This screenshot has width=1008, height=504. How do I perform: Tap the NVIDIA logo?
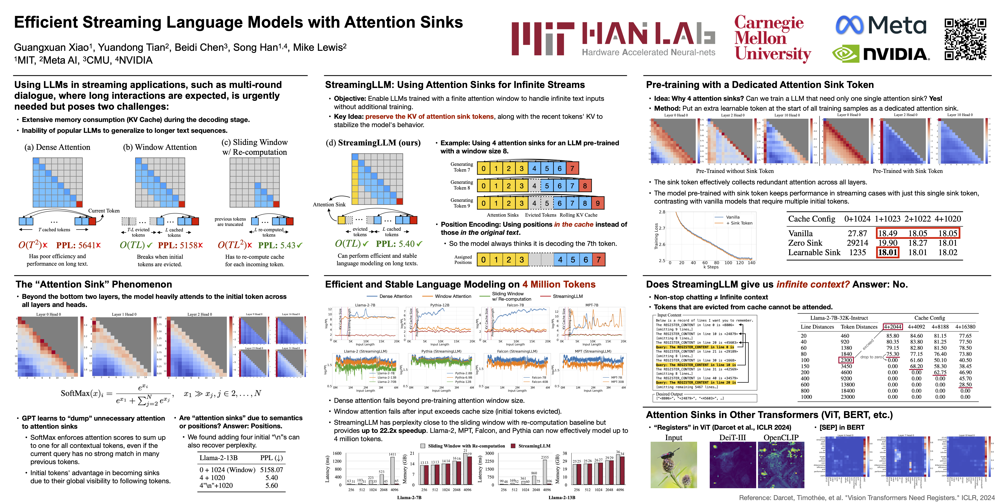point(881,54)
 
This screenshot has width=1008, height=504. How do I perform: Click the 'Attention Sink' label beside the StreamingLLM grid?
point(329,205)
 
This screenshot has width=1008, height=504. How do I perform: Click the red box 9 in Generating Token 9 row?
point(597,203)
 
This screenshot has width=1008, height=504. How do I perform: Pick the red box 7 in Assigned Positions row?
point(598,260)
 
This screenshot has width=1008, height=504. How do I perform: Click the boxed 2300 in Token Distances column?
point(846,360)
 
